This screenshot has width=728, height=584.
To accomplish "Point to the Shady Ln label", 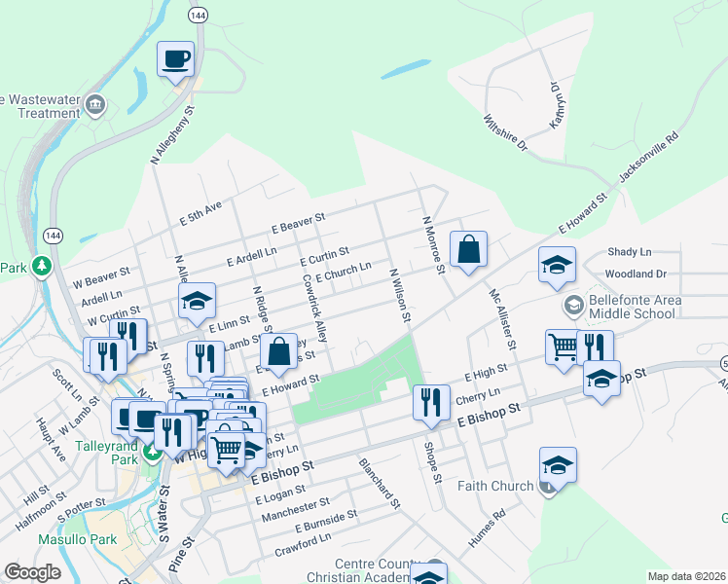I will coord(629,252).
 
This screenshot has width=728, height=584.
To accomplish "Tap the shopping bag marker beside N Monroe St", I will coord(468,248).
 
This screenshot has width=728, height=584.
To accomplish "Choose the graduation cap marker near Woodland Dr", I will coord(557,265).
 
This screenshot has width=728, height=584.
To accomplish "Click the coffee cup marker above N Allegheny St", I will coord(176,58).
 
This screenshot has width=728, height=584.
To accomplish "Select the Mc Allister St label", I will coord(501,318).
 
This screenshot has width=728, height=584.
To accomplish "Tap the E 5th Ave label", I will coord(201,214).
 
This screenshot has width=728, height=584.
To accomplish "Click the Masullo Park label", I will coord(77,539).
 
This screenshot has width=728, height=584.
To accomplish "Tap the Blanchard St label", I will coord(380,483).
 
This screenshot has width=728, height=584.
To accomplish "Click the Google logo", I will coord(32,572).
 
